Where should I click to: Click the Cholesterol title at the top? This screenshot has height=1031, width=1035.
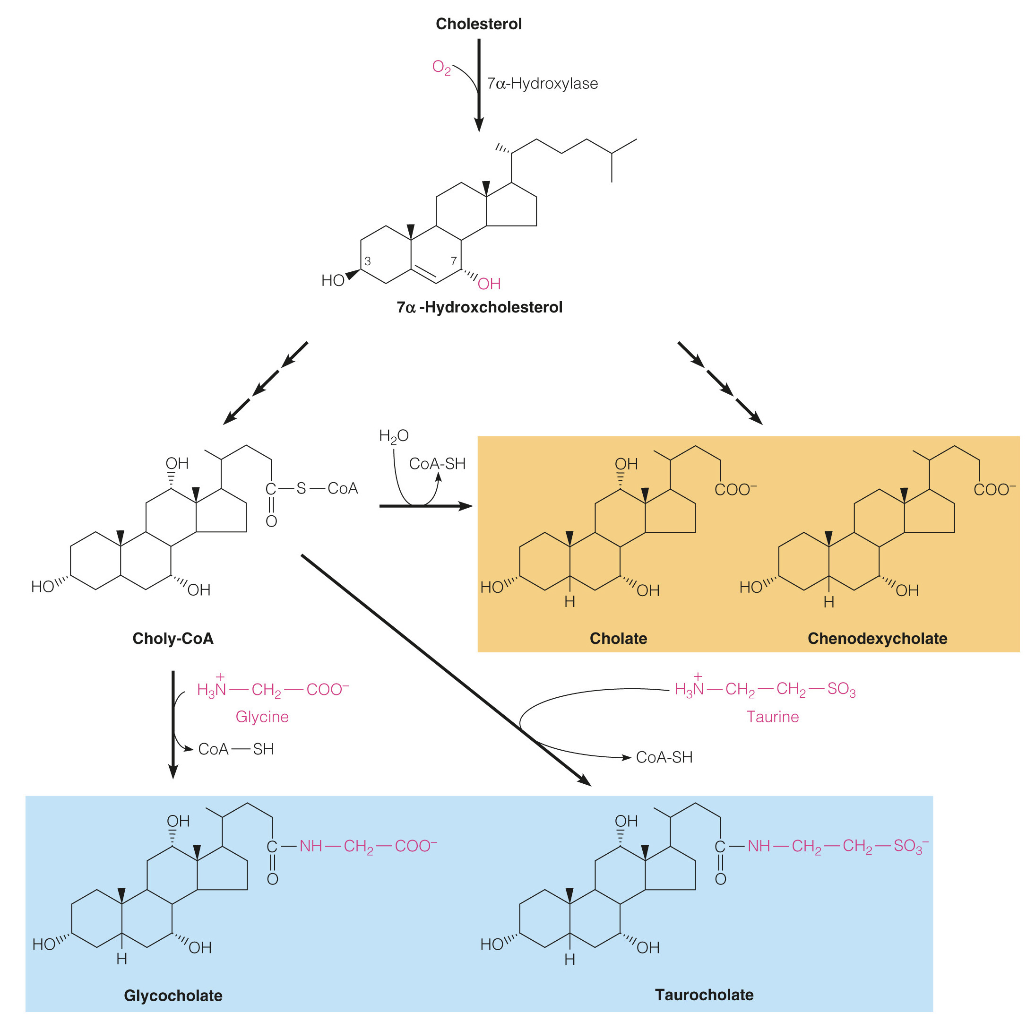coord(478,24)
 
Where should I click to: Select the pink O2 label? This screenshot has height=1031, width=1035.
coord(441,68)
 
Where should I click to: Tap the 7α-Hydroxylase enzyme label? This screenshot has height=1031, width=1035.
coord(542,84)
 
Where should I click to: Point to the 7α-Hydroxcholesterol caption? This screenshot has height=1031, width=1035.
coord(480,308)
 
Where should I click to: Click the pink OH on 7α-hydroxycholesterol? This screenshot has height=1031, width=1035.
coord(489,284)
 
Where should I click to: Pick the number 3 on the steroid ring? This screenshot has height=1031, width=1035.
coord(368,261)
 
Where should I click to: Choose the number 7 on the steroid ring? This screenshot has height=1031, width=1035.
coord(453,261)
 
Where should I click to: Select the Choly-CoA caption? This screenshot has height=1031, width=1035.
coord(173,639)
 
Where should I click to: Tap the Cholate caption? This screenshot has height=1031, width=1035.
coord(618,639)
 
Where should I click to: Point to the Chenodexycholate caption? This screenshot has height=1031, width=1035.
coord(878,639)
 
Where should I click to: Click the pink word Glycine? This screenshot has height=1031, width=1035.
coord(262,717)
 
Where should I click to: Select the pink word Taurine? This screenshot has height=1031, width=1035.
coord(773,717)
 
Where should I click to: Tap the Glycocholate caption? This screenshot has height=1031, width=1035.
coord(173,996)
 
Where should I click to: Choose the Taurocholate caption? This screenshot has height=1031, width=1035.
coord(704,995)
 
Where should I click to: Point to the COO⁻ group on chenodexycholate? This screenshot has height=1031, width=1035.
coord(994,490)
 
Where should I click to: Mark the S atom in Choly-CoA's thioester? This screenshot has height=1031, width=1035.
coord(301,488)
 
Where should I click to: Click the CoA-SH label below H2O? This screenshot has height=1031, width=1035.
coord(437,464)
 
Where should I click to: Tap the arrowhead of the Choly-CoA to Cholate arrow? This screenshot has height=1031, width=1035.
coord(466,506)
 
